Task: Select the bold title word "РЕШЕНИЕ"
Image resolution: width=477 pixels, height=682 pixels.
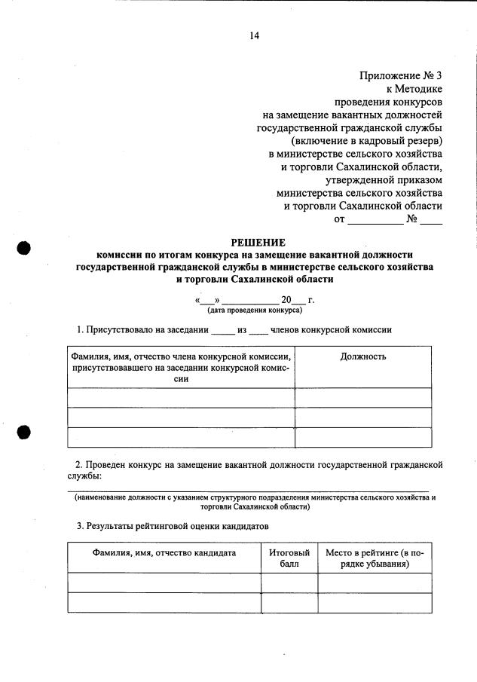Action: [x=258, y=243]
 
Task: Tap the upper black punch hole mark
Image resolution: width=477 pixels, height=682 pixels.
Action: [x=24, y=250]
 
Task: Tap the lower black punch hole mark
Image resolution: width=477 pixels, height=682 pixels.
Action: [x=23, y=432]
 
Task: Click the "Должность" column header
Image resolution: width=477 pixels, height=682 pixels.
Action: [x=363, y=356]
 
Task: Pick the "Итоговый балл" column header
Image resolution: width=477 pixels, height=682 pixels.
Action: [x=289, y=558]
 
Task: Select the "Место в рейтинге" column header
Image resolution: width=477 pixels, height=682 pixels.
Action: [x=375, y=558]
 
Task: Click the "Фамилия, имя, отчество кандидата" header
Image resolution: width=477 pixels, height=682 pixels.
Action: [x=164, y=553]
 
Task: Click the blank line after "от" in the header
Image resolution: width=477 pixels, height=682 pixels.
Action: [x=375, y=220]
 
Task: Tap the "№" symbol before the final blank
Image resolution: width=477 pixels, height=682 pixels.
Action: [x=412, y=219]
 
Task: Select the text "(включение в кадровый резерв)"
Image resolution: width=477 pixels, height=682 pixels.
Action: [x=366, y=140]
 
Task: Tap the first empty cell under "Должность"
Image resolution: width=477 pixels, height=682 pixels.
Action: [x=363, y=398]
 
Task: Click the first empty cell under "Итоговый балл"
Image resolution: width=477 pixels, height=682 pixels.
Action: [x=289, y=583]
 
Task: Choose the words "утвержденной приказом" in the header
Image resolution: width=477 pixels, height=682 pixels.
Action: [x=384, y=179]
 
